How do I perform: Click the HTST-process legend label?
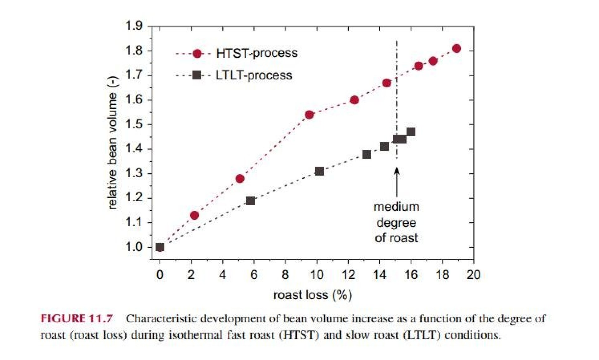coord(257,53)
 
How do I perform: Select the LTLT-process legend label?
coord(254,75)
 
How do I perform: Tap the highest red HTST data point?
coord(456,48)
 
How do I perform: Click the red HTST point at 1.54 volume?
coord(309,115)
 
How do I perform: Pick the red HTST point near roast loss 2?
coord(194,215)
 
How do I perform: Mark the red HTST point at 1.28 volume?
coord(240,179)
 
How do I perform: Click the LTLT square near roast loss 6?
coord(251,201)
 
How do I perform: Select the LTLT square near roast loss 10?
coord(319,171)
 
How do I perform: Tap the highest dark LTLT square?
coord(411,132)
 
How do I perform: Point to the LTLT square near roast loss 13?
coord(367,154)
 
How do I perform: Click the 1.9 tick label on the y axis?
coord(134,26)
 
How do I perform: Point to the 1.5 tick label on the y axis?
coord(134,124)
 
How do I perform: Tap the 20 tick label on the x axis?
coord(473,275)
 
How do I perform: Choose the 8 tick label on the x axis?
coord(285,275)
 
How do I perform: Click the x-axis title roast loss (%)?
coord(313,295)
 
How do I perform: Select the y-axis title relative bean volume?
coord(112,143)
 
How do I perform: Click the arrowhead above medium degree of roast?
coord(397,171)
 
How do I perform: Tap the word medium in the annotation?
coord(396,207)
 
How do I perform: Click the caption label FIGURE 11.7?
coord(77,319)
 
